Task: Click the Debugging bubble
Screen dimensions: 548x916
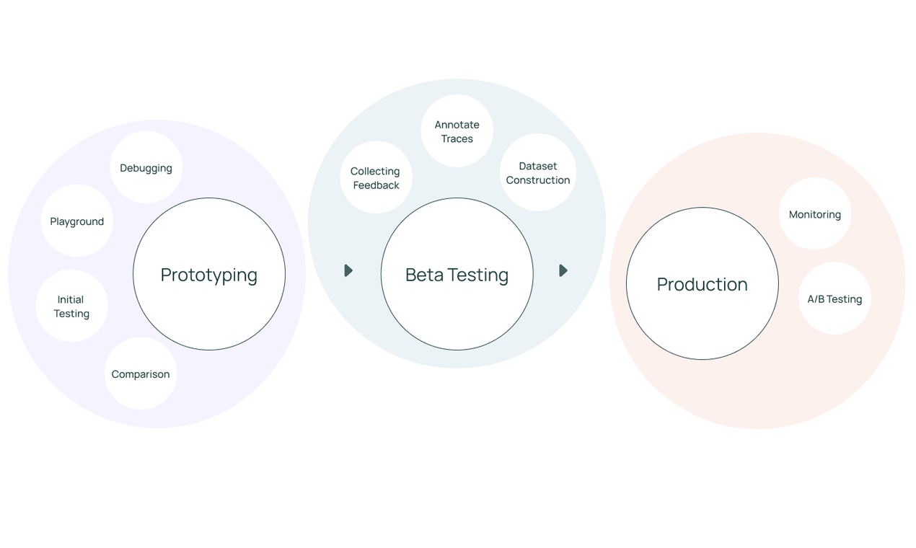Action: coord(146,168)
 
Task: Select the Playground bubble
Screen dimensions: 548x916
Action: coord(76,221)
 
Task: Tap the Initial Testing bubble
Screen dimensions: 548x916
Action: coord(71,306)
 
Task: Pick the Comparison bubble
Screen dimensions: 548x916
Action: coord(141,374)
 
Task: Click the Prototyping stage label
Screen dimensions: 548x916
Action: coord(209,275)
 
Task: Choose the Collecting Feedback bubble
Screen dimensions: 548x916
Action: coord(376,178)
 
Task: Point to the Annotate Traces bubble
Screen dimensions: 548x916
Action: coord(457,131)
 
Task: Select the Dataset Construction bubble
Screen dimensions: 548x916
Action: coord(538,173)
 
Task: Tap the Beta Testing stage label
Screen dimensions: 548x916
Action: coord(457,275)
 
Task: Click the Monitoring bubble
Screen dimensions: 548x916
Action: coord(815,214)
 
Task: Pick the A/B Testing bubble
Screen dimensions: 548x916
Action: coord(834,299)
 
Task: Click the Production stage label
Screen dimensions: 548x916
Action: coord(702,284)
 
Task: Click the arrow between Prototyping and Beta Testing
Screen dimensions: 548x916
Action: coord(348,270)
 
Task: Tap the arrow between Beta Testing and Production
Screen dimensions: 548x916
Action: coord(563,270)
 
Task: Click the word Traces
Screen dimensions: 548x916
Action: coord(457,139)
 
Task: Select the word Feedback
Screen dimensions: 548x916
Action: coord(376,185)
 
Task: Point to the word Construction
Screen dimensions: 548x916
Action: coord(538,180)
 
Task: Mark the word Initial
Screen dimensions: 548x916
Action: coord(71,299)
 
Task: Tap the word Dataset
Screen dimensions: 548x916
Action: coord(538,166)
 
